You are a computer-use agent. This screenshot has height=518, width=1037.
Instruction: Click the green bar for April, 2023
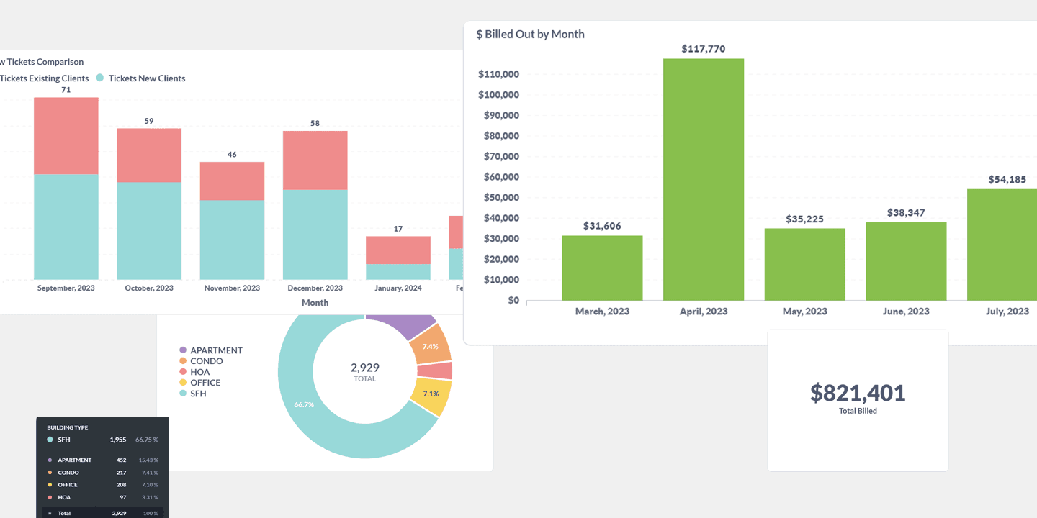pyautogui.click(x=703, y=179)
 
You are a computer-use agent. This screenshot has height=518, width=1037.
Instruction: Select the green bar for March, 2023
pyautogui.click(x=602, y=268)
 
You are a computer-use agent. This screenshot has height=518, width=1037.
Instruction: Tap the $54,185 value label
pyautogui.click(x=1007, y=180)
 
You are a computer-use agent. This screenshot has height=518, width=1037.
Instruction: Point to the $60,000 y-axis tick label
pyautogui.click(x=498, y=177)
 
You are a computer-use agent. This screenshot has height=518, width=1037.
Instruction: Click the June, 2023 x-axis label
pyautogui.click(x=906, y=312)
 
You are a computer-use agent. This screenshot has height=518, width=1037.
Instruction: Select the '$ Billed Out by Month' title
pyautogui.click(x=530, y=34)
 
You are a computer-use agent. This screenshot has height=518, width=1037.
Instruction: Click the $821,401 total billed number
pyautogui.click(x=858, y=393)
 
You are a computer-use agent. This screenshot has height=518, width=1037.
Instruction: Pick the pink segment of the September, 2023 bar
pyautogui.click(x=66, y=136)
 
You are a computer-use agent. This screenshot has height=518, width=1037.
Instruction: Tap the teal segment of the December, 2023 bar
pyautogui.click(x=315, y=234)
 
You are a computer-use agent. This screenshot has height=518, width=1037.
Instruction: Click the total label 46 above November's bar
pyautogui.click(x=232, y=154)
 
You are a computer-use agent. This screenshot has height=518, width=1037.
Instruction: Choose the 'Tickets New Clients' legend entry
pyautogui.click(x=146, y=78)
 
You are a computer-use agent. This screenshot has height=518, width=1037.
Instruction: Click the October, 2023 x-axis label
pyautogui.click(x=149, y=288)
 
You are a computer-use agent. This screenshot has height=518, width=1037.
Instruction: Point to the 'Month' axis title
pyautogui.click(x=315, y=303)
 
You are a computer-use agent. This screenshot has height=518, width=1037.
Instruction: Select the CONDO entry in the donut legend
pyautogui.click(x=206, y=361)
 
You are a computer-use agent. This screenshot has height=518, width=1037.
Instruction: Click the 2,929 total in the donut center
pyautogui.click(x=365, y=368)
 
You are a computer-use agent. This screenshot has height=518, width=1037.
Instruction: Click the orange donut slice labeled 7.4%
pyautogui.click(x=431, y=346)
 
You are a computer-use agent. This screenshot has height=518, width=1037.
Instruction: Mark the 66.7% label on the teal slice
pyautogui.click(x=304, y=405)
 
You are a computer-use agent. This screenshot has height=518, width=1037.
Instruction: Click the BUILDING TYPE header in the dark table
pyautogui.click(x=67, y=427)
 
